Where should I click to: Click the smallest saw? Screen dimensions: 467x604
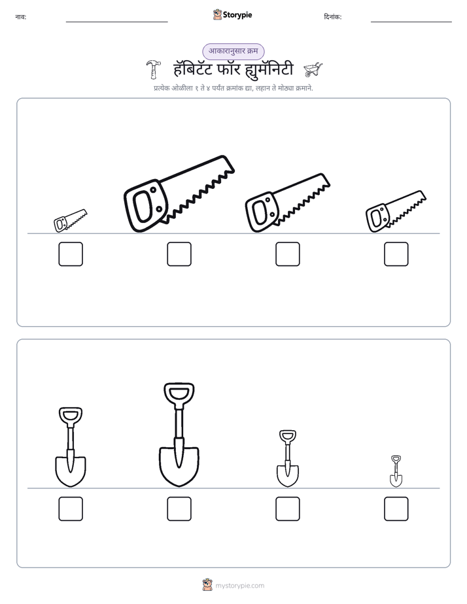click(x=70, y=221)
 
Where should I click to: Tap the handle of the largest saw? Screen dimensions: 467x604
click(x=146, y=205)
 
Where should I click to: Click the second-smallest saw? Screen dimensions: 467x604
click(x=396, y=212)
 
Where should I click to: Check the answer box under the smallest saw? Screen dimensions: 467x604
click(x=71, y=254)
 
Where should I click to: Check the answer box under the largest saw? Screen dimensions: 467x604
click(x=179, y=254)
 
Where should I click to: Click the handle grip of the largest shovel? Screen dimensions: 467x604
click(x=179, y=393)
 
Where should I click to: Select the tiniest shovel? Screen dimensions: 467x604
click(x=396, y=471)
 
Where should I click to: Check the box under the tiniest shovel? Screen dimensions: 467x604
click(x=396, y=509)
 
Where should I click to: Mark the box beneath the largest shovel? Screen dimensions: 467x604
click(x=179, y=509)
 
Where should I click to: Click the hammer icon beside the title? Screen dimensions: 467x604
click(x=153, y=69)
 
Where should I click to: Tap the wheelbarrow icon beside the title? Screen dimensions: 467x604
click(x=313, y=69)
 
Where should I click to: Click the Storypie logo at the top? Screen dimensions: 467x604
click(x=232, y=15)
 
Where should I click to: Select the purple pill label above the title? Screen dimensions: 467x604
click(x=233, y=51)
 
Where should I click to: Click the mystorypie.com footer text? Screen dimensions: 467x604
click(x=239, y=586)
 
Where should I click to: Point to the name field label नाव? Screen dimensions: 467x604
click(x=21, y=17)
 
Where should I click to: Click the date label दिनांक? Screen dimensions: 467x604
click(x=333, y=17)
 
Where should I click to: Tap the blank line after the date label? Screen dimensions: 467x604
click(x=411, y=22)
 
